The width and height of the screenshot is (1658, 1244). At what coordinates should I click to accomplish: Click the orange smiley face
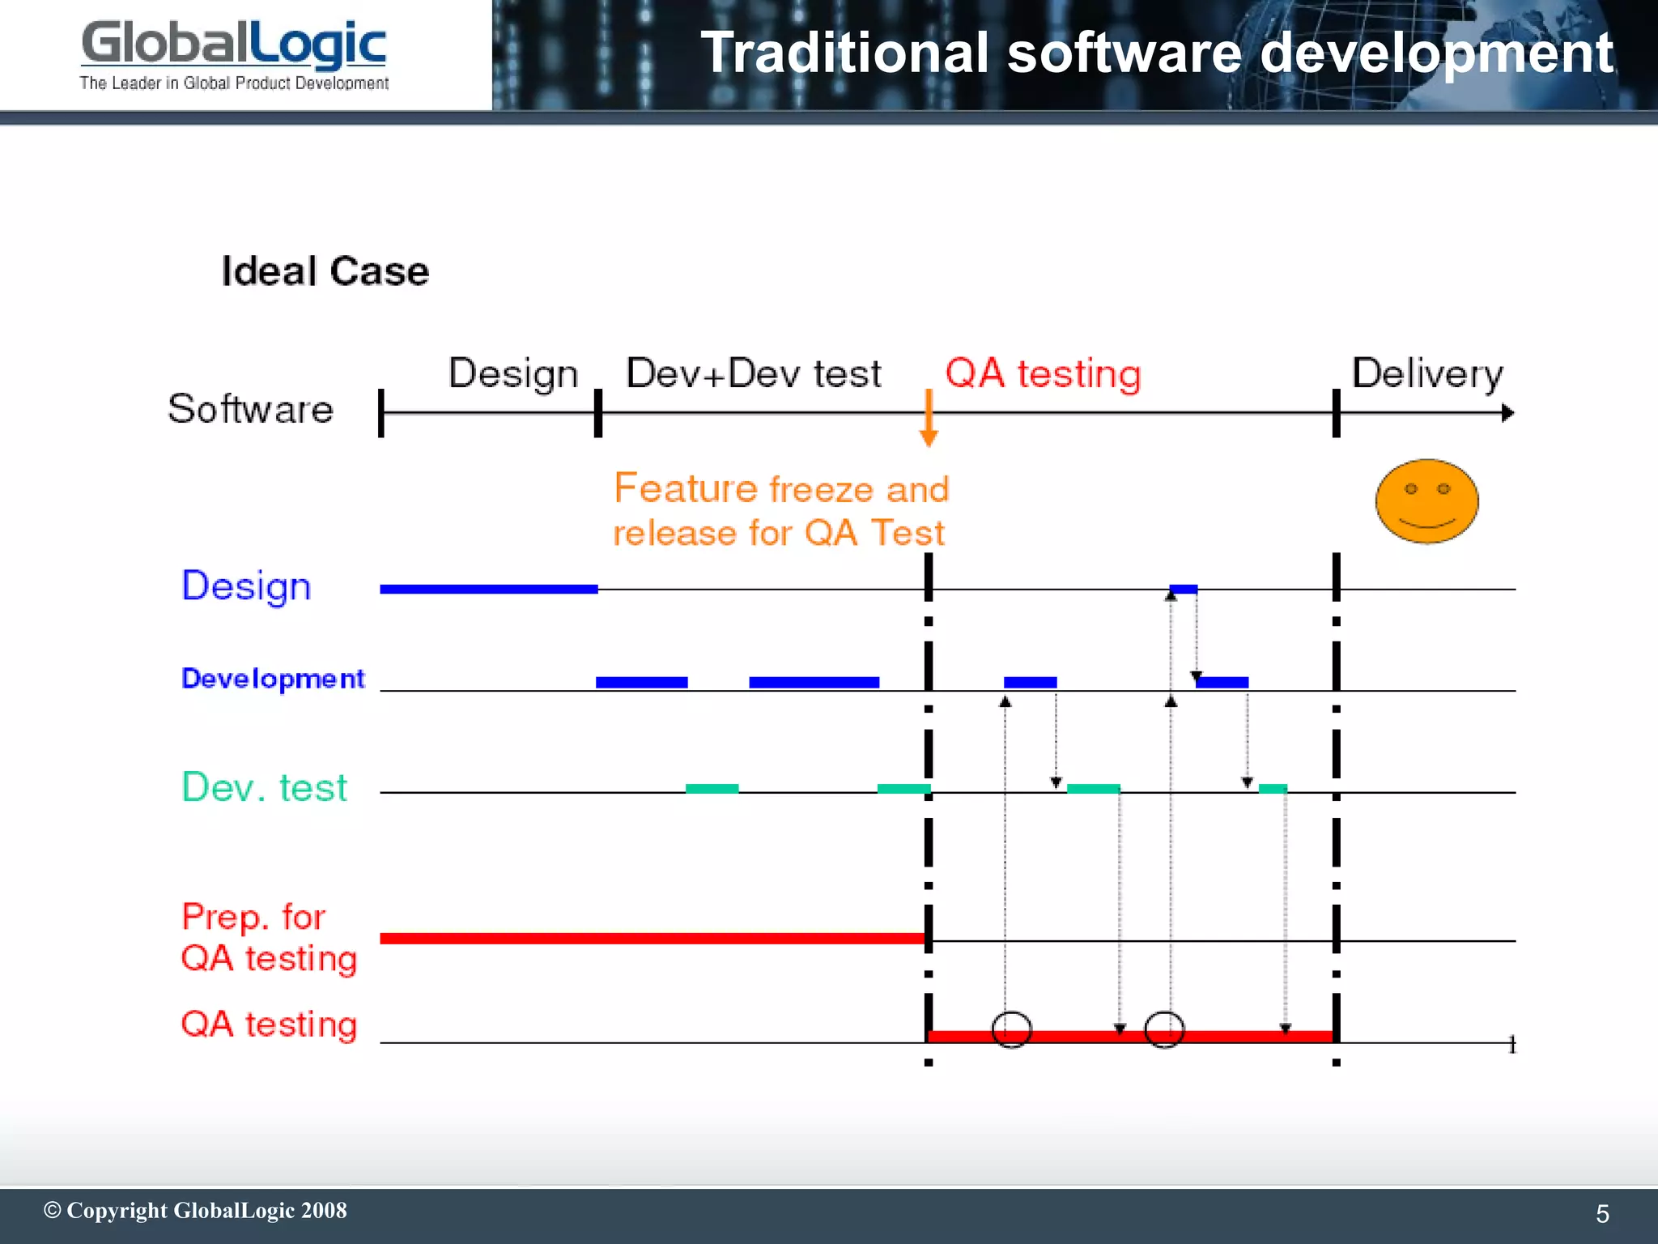[1426, 501]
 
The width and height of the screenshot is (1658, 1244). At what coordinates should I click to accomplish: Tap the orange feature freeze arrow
[929, 418]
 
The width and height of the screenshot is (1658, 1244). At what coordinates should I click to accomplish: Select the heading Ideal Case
[325, 271]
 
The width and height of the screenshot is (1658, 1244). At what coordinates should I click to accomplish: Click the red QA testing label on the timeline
[1043, 374]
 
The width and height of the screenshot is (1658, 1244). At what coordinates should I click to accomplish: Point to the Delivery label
[1426, 373]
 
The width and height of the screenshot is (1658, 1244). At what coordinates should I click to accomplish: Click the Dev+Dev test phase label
[753, 373]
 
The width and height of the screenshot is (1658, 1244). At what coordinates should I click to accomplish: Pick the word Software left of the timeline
[250, 409]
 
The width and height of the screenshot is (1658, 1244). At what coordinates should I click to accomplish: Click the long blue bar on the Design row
[489, 589]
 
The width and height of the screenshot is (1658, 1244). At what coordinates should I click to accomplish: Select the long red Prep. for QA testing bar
[653, 938]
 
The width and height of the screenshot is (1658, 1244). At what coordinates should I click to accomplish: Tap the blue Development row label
[273, 679]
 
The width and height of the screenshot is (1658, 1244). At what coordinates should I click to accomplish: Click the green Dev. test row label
[265, 787]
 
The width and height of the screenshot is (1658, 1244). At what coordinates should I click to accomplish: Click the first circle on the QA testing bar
[1011, 1029]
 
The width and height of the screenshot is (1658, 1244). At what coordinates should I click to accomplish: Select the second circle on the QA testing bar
[1164, 1029]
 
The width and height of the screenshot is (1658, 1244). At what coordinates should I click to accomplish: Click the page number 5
[1602, 1214]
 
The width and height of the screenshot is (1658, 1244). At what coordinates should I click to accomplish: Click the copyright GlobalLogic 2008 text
[195, 1211]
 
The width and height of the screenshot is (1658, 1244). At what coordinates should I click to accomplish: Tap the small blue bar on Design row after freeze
[1184, 589]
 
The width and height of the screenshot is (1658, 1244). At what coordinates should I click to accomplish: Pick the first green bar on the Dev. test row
[712, 788]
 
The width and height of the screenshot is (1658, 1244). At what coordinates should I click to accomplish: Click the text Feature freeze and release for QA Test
[780, 510]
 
